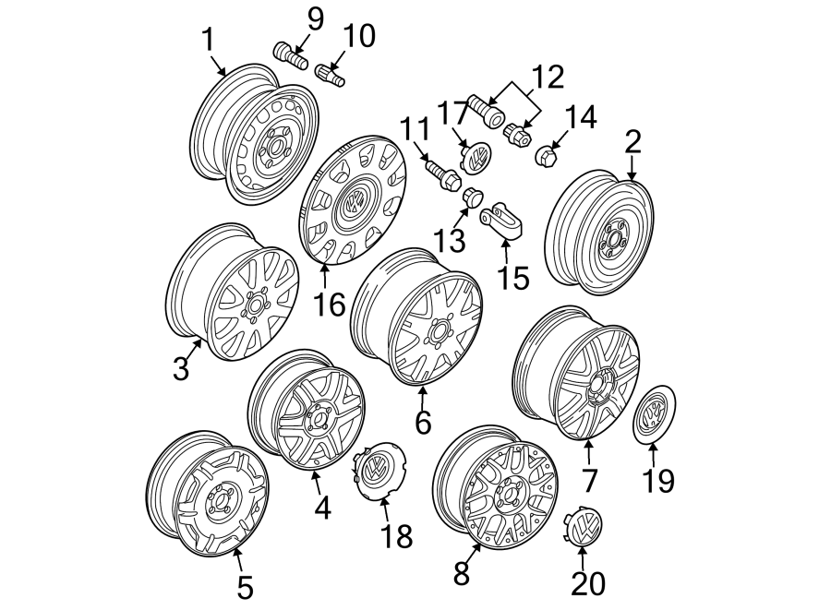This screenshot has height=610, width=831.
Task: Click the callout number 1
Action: [208, 40]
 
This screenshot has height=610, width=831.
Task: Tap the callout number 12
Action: [546, 77]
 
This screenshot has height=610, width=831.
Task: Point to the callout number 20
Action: [584, 583]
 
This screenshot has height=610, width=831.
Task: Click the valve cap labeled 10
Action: [330, 74]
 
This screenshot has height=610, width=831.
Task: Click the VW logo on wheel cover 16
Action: [353, 202]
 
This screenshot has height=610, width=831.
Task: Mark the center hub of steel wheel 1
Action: [275, 150]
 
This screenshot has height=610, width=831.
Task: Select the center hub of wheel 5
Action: [219, 505]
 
